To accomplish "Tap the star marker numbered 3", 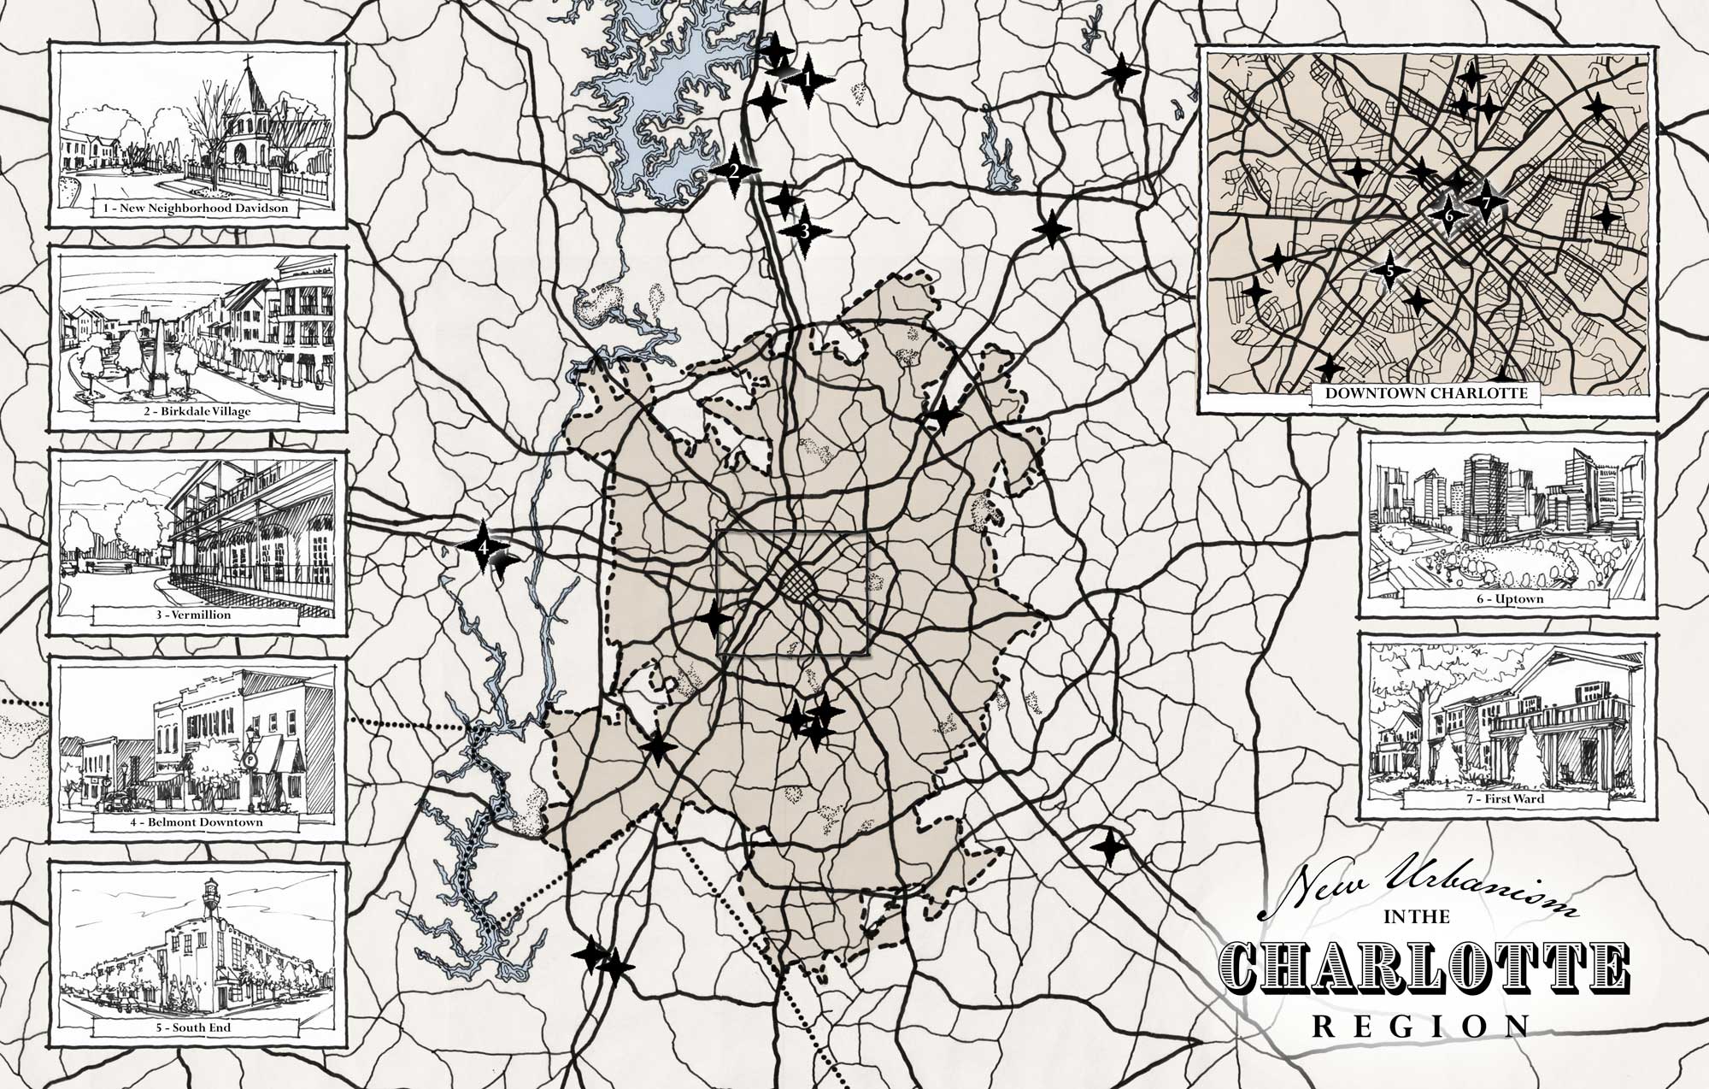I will [x=804, y=231].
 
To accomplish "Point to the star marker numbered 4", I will [x=483, y=544].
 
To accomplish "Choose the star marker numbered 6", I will [x=1448, y=215].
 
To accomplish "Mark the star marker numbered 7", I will [x=1486, y=203].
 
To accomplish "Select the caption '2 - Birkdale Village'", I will [x=197, y=411].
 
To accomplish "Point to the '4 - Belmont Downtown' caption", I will [x=197, y=822].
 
